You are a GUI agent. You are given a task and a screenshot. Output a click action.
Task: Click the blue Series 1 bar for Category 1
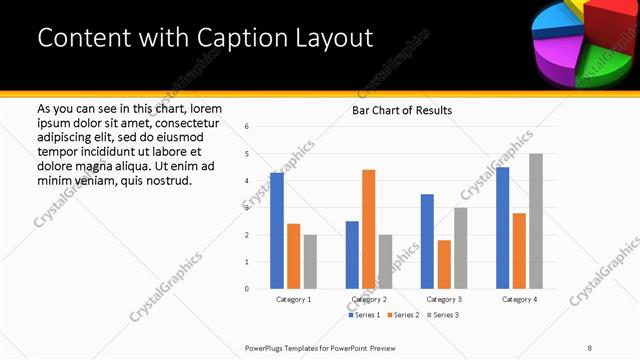click(277, 231)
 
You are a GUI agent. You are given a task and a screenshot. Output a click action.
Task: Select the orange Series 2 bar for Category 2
click(368, 229)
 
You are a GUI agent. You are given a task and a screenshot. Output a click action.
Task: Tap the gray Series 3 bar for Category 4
click(536, 221)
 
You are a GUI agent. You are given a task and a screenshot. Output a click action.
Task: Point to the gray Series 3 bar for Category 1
click(310, 262)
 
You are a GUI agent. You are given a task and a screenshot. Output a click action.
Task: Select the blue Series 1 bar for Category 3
click(427, 241)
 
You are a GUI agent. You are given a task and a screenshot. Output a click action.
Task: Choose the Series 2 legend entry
click(405, 315)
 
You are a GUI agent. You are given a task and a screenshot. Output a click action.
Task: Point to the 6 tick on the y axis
click(247, 127)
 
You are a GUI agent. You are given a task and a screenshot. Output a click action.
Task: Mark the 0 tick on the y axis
click(247, 289)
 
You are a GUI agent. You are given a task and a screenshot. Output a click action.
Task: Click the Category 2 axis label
click(369, 299)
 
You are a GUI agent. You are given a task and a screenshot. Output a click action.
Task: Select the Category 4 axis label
click(519, 299)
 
